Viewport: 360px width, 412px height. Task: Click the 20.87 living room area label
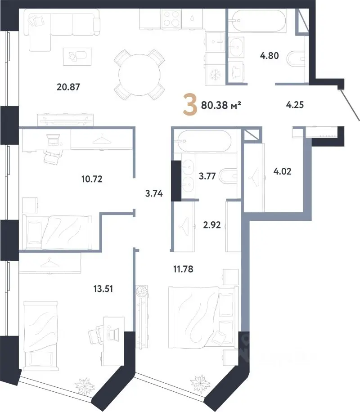pyautogui.click(x=68, y=87)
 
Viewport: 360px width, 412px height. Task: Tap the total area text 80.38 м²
pyautogui.click(x=221, y=105)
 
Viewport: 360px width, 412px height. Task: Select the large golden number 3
pyautogui.click(x=190, y=105)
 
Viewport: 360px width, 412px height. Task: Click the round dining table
pyautogui.click(x=139, y=75)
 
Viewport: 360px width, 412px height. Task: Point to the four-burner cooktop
pyautogui.click(x=171, y=18)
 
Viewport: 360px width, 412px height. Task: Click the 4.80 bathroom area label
pyautogui.click(x=269, y=56)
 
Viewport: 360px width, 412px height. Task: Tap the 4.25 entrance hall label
pyautogui.click(x=295, y=105)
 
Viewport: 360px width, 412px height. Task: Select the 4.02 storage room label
pyautogui.click(x=282, y=171)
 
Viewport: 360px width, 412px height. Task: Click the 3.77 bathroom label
pyautogui.click(x=207, y=176)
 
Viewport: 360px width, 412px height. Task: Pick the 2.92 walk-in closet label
pyautogui.click(x=212, y=225)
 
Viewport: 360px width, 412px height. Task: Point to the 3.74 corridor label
pyautogui.click(x=154, y=194)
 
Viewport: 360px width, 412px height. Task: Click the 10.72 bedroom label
pyautogui.click(x=92, y=179)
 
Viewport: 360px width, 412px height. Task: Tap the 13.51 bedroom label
pyautogui.click(x=103, y=289)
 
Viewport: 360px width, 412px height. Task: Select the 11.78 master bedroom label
pyautogui.click(x=183, y=269)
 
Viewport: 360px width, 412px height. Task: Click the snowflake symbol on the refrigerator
pyautogui.click(x=215, y=75)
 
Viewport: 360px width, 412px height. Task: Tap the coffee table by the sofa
pyautogui.click(x=77, y=57)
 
